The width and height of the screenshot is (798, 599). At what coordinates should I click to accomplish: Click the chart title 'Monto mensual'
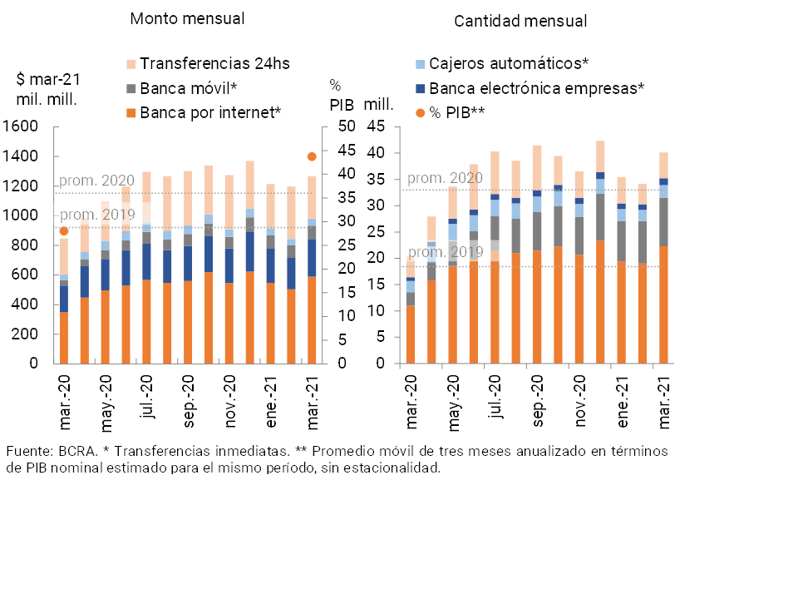[187, 18]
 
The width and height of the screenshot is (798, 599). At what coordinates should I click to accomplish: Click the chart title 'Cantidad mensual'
[520, 21]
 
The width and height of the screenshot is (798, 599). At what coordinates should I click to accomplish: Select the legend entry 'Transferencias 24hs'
[214, 63]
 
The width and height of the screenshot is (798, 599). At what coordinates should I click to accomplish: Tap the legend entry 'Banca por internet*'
[210, 112]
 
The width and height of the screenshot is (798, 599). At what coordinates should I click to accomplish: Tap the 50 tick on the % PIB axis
[347, 126]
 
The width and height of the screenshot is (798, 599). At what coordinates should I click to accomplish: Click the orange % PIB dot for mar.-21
[313, 156]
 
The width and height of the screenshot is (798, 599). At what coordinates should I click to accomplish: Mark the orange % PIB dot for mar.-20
[63, 231]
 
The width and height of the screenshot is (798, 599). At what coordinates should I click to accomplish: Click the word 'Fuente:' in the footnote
[29, 451]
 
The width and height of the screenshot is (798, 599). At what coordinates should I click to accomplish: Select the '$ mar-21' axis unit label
[47, 80]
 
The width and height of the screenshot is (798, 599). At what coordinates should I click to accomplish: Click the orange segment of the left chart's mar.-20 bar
[63, 337]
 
